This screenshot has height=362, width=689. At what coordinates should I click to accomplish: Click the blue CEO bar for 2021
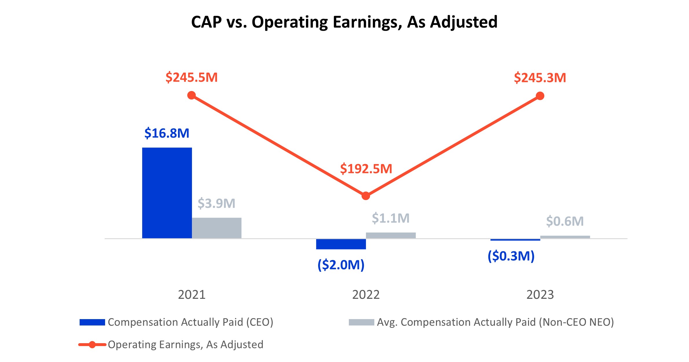[x=167, y=193]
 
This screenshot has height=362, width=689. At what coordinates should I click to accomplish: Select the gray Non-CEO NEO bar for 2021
[x=217, y=228]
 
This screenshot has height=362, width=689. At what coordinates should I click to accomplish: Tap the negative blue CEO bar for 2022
[x=341, y=244]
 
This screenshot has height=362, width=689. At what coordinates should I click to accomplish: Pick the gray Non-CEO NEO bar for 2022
[x=391, y=235]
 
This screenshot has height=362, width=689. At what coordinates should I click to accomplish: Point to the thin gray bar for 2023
[x=565, y=237]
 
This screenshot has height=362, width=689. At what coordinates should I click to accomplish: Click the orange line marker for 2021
[x=192, y=95]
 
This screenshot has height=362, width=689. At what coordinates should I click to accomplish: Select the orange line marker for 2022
[x=366, y=196]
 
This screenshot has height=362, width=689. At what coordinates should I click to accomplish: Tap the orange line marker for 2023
[x=540, y=96]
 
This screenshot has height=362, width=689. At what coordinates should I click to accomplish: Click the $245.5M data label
[x=191, y=78]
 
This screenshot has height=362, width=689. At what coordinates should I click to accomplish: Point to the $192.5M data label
[x=366, y=169]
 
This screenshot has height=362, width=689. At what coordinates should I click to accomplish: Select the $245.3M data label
[x=540, y=78]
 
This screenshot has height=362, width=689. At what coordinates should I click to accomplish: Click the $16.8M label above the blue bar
[x=167, y=133]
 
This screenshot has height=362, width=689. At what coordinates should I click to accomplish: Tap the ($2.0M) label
[x=341, y=265]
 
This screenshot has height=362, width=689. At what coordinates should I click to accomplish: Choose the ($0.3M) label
[x=511, y=256]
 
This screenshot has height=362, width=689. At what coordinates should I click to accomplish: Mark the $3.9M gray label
[x=216, y=203]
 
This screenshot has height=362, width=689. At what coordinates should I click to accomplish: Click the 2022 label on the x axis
[x=366, y=295]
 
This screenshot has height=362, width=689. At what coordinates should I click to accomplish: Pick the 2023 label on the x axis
[x=540, y=295]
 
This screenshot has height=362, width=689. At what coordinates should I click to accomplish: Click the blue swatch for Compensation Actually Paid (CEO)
[x=92, y=322]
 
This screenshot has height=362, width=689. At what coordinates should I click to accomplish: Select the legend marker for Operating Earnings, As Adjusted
[x=92, y=345]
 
